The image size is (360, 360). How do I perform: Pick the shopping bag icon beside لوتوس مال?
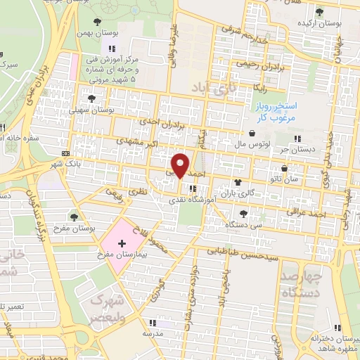pyautogui.click(x=252, y=132)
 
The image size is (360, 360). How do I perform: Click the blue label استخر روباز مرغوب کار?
pyautogui.click(x=277, y=112)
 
